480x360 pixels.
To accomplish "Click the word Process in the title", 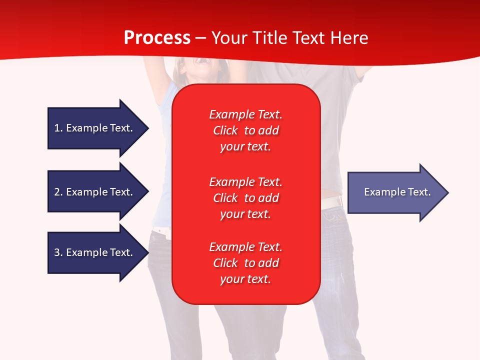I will [157, 38].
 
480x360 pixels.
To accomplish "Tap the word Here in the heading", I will [349, 38].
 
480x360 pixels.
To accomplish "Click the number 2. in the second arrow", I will [58, 192].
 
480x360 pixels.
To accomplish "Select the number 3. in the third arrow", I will [58, 252].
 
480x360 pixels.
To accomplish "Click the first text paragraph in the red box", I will [245, 130].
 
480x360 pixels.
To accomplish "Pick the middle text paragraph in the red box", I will [245, 198].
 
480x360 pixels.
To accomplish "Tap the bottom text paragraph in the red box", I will [245, 263].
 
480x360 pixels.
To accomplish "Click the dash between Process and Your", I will [201, 38].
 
